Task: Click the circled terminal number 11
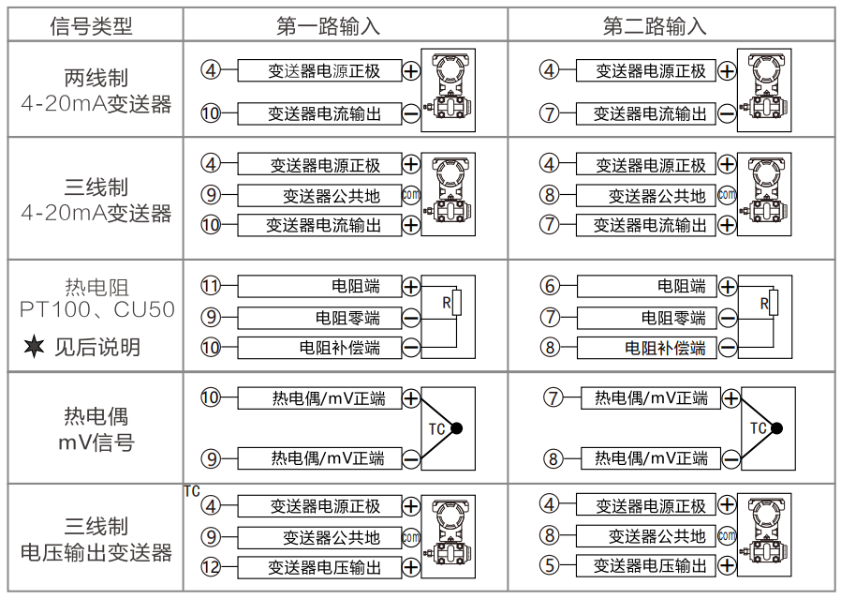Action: [x=211, y=286]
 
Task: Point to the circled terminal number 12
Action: [x=211, y=567]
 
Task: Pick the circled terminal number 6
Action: [x=550, y=286]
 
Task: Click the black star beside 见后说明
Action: [x=34, y=347]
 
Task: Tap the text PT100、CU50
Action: [x=97, y=309]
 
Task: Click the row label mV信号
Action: [x=96, y=442]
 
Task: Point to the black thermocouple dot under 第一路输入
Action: [x=458, y=428]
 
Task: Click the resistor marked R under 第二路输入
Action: [x=765, y=303]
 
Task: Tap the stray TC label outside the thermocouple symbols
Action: [x=192, y=491]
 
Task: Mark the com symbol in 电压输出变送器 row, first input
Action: [x=411, y=537]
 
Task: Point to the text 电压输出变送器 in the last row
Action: [x=96, y=552]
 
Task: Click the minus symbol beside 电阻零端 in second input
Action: [x=728, y=319]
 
